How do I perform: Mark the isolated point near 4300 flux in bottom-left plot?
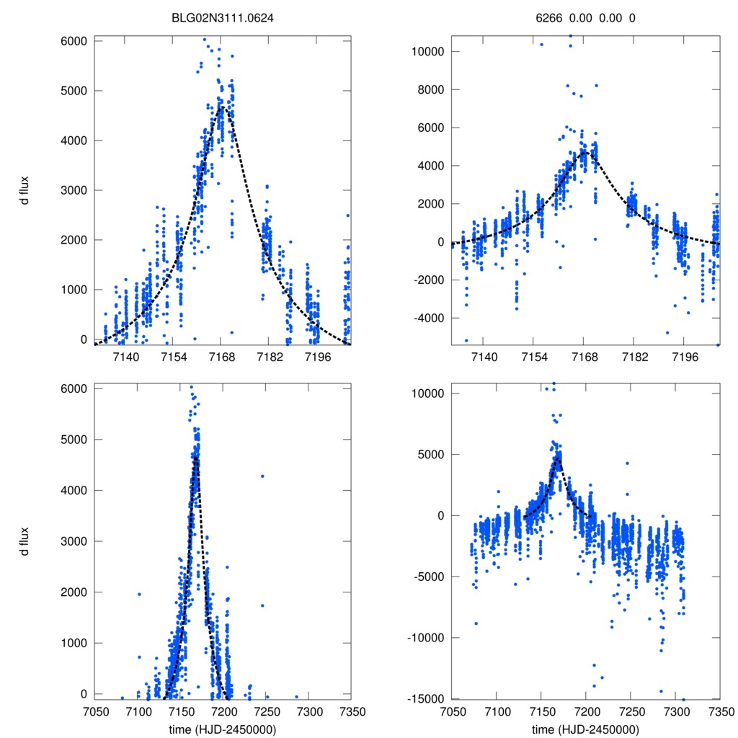pyautogui.click(x=262, y=476)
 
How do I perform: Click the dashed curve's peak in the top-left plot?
pyautogui.click(x=223, y=107)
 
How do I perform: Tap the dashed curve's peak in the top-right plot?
pyautogui.click(x=584, y=151)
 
